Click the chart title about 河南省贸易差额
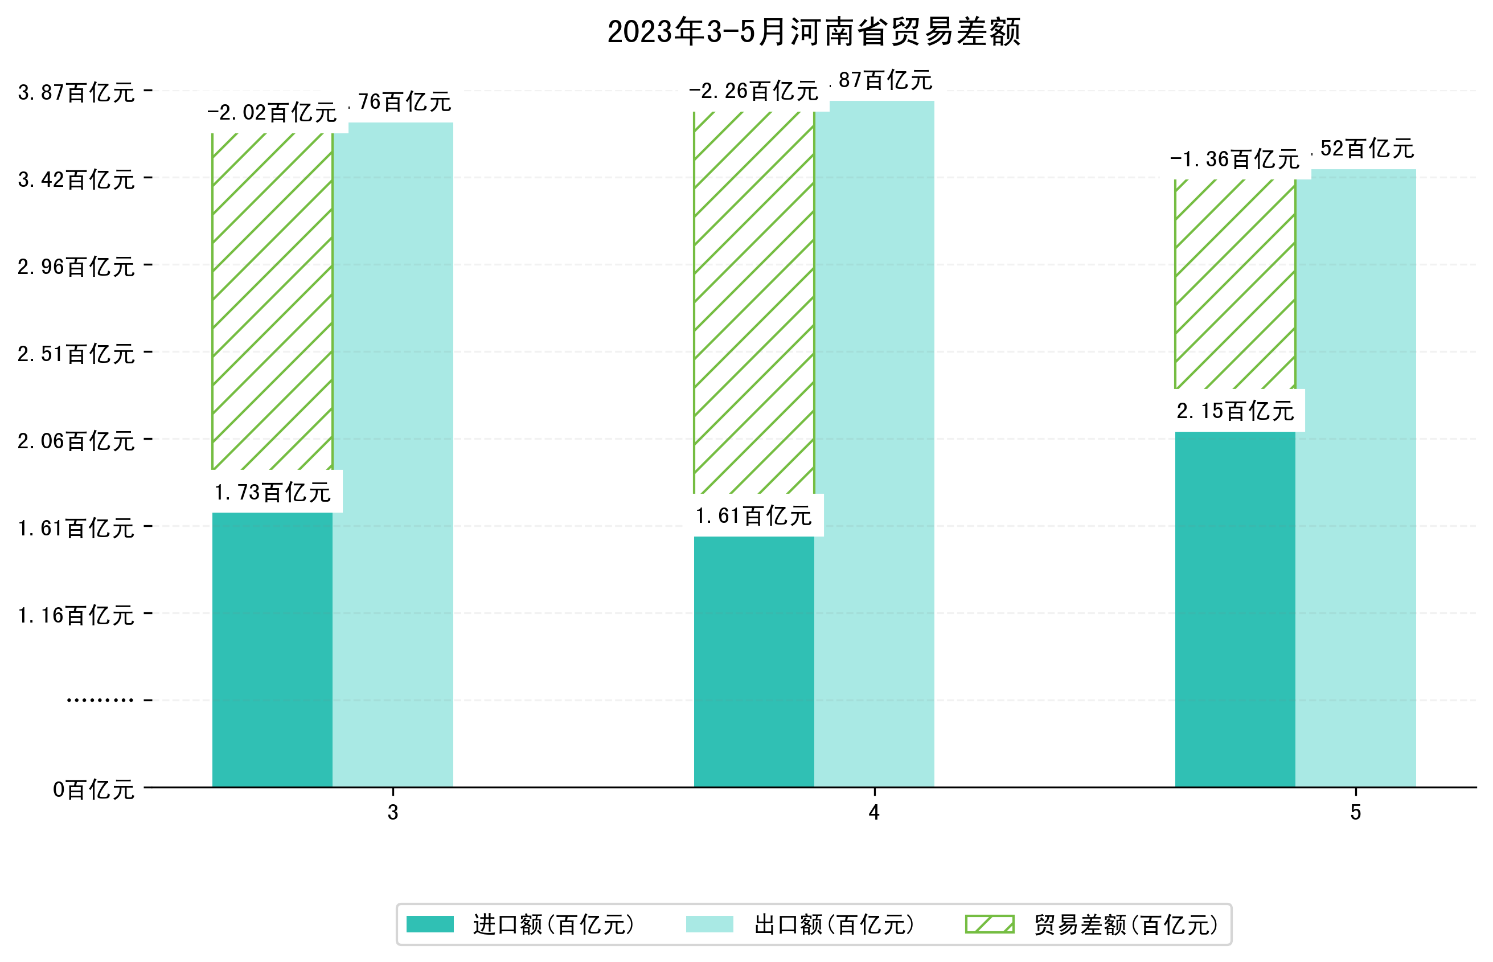click(813, 32)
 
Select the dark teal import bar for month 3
click(272, 650)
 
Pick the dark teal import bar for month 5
click(1234, 609)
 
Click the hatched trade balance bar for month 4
click(754, 303)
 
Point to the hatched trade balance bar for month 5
click(1234, 284)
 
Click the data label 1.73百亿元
click(272, 492)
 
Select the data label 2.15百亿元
click(1234, 411)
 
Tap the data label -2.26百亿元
click(753, 91)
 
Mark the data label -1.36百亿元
click(1234, 159)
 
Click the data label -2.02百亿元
click(272, 112)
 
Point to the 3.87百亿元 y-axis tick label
click(76, 92)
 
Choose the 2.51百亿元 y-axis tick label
click(76, 354)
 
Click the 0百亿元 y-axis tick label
click(93, 789)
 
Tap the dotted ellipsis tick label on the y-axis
click(100, 700)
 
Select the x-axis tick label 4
click(873, 813)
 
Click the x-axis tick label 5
click(1355, 813)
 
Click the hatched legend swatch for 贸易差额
click(989, 924)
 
